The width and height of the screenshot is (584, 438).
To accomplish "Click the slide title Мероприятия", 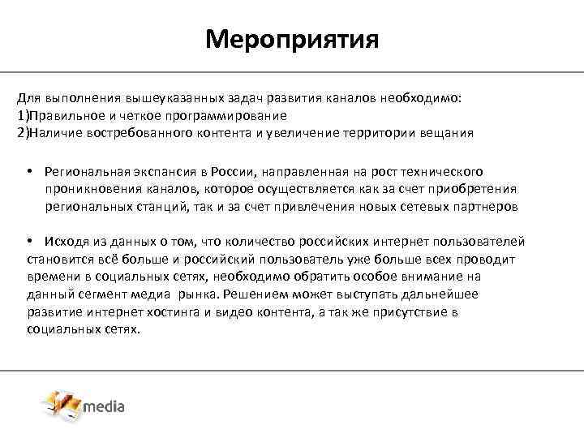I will coord(292,38).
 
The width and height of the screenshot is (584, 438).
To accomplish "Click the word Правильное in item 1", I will coord(62,115).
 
